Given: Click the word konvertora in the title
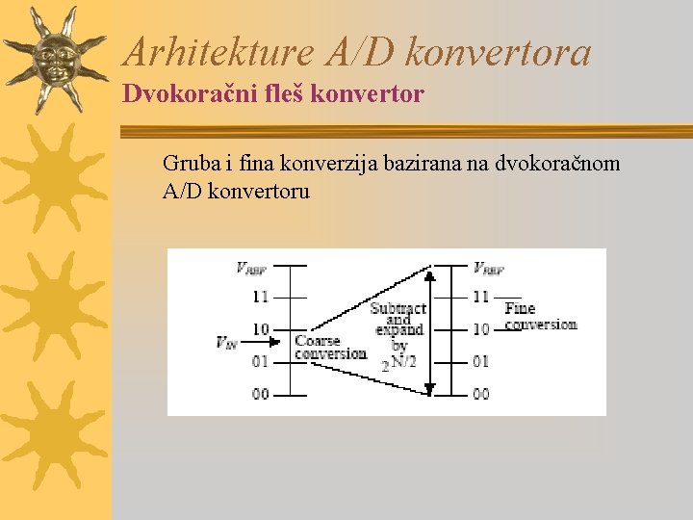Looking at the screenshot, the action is click(498, 52).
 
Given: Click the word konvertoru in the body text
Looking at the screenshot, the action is click(259, 192).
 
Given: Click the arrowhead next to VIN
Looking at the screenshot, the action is click(275, 341).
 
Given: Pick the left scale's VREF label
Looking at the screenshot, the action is click(252, 269).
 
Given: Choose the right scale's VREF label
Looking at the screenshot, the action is click(489, 269).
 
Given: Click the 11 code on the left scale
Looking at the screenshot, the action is click(261, 297).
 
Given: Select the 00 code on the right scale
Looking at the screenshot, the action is click(480, 393).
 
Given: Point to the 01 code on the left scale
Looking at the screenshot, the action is click(261, 361).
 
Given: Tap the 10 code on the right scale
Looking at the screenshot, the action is click(480, 328).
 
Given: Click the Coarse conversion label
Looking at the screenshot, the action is click(330, 348).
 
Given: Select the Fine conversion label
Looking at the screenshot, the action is click(540, 317).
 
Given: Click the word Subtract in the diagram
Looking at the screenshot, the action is click(398, 308).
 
